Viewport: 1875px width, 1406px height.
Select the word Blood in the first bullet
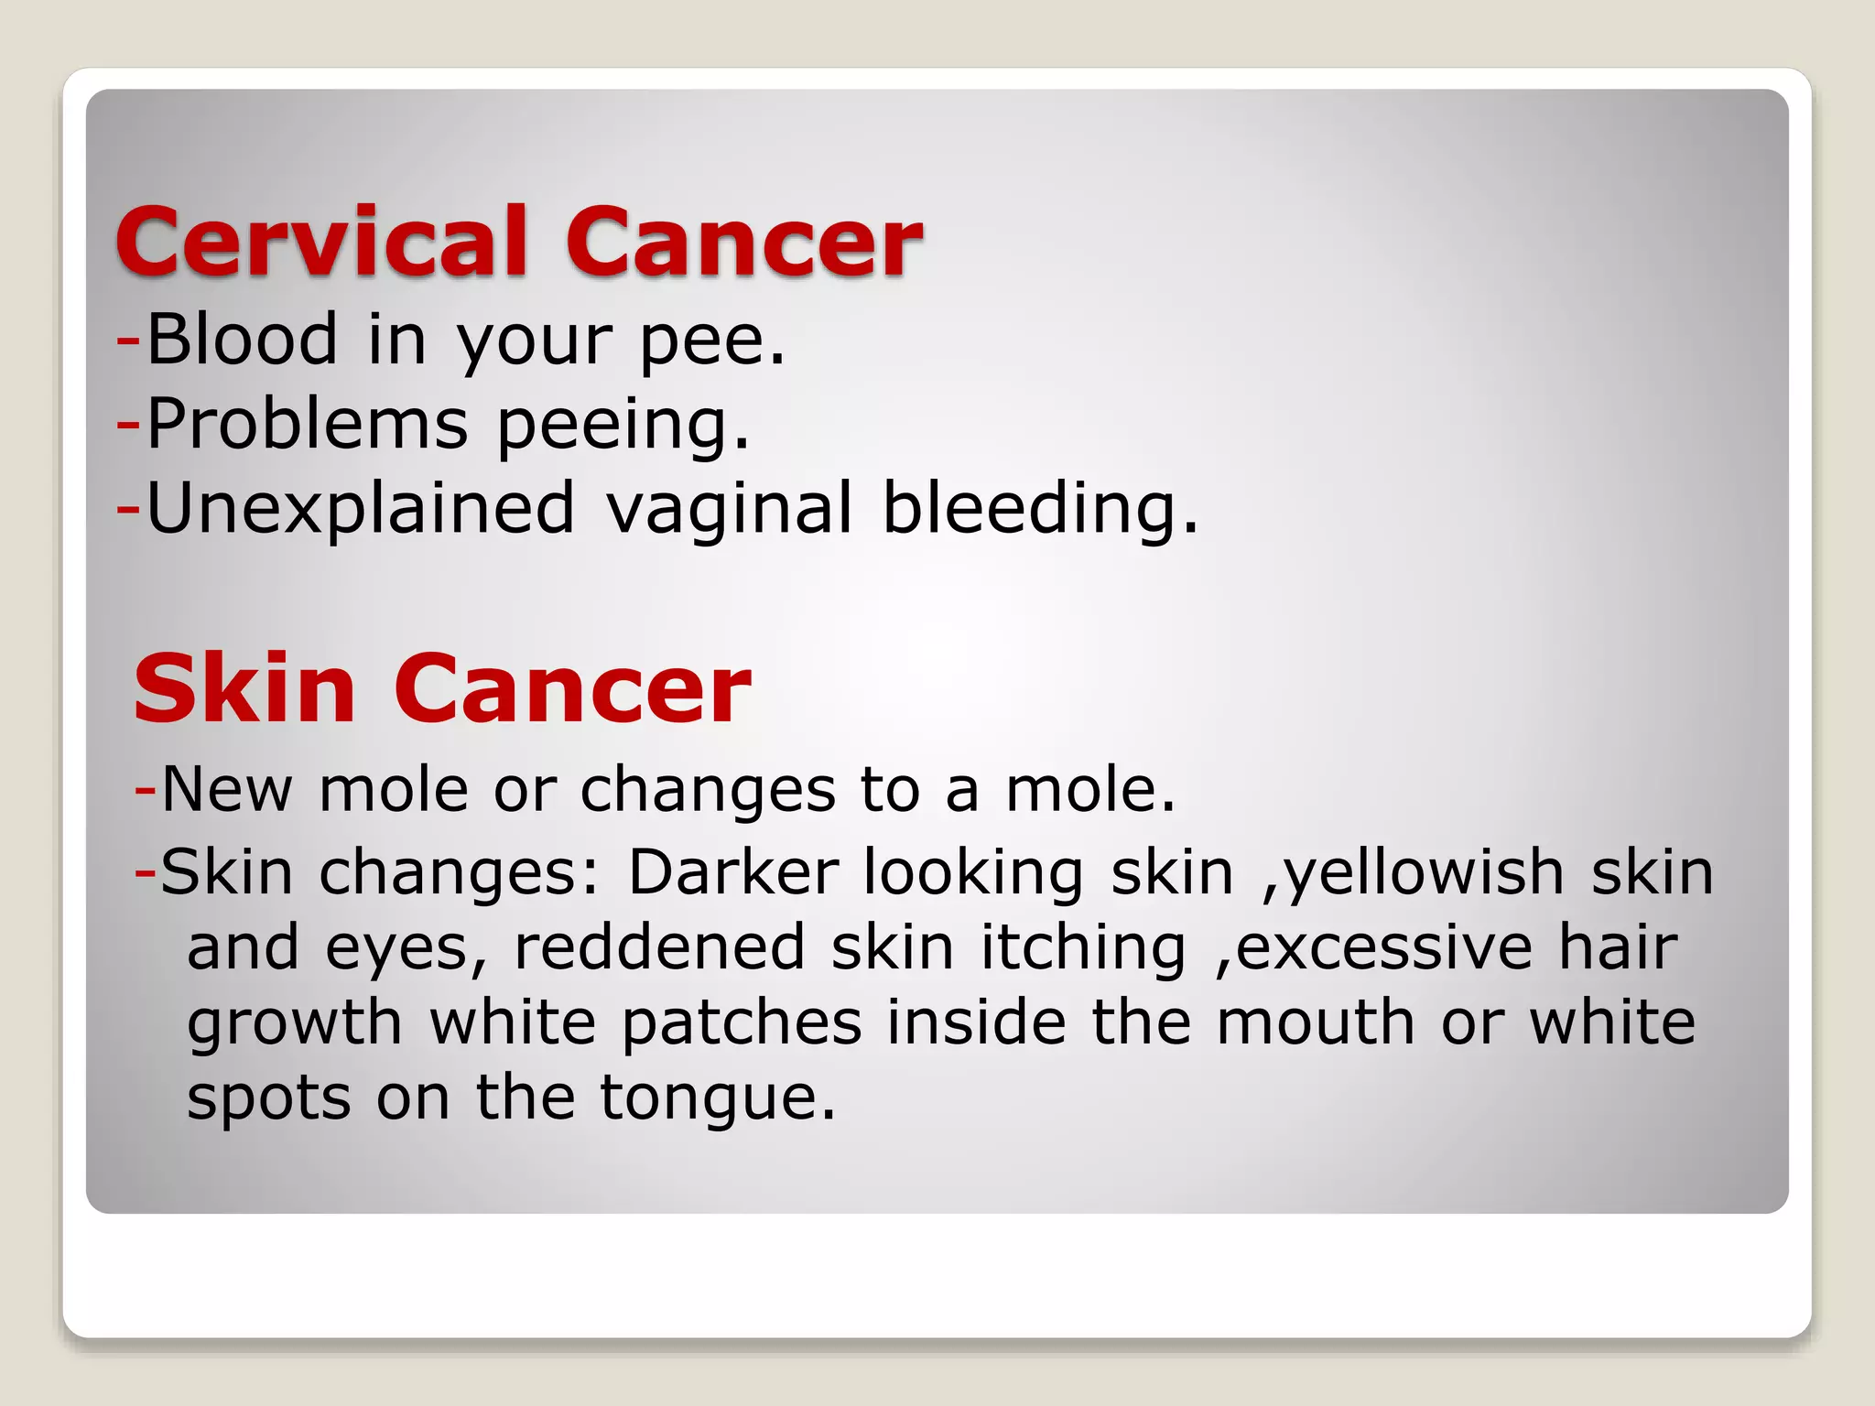pyautogui.click(x=242, y=339)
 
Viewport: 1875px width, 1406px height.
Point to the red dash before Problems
pyautogui.click(x=128, y=424)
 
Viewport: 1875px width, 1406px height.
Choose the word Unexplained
pyautogui.click(x=361, y=509)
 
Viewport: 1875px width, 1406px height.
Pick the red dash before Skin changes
pyautogui.click(x=145, y=870)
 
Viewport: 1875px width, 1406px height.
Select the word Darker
pyautogui.click(x=732, y=871)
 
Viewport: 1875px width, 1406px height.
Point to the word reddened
pyautogui.click(x=659, y=946)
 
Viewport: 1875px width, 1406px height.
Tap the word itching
pyautogui.click(x=1083, y=948)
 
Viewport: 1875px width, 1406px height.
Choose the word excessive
pyautogui.click(x=1382, y=946)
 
